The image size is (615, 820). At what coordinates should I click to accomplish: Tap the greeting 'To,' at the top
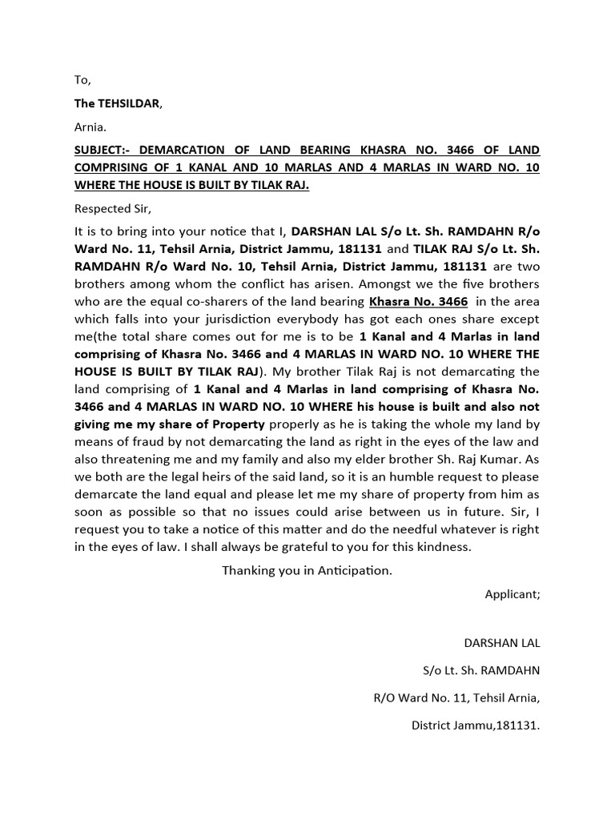pos(83,80)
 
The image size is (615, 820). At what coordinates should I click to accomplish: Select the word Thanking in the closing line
pos(248,571)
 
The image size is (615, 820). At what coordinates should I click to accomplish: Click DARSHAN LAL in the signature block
pos(502,643)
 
